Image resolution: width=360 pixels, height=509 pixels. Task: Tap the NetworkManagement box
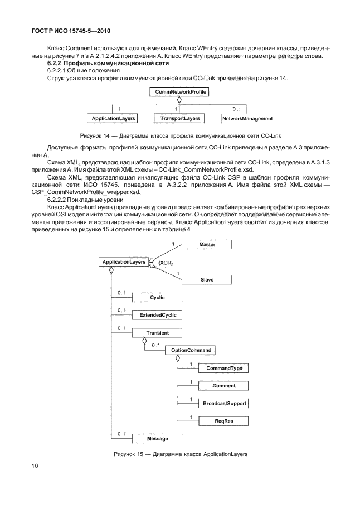click(x=247, y=119)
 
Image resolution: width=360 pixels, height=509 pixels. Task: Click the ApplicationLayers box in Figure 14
click(x=114, y=119)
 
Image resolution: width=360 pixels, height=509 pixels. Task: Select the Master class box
click(x=207, y=245)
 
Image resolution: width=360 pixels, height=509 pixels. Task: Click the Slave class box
click(x=207, y=279)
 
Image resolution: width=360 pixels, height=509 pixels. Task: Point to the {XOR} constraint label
click(x=166, y=262)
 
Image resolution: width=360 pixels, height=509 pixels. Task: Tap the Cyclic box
click(x=157, y=297)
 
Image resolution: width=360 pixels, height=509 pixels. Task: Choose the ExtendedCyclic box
click(x=157, y=315)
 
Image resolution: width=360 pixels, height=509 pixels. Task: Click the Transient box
click(x=157, y=333)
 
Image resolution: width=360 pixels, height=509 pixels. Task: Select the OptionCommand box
click(x=192, y=350)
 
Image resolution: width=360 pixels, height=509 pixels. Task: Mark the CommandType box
click(x=223, y=368)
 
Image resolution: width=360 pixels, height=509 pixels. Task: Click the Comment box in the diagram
click(x=223, y=385)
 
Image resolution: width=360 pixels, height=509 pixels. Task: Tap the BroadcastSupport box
click(x=223, y=403)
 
